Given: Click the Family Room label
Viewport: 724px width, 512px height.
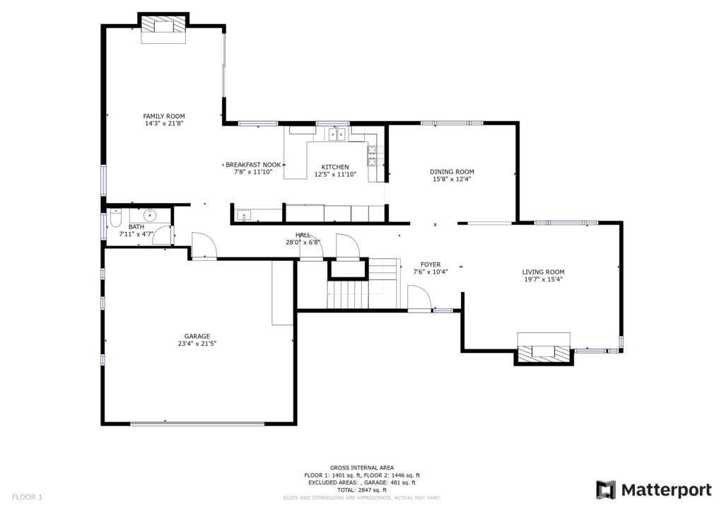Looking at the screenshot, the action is point(164,117).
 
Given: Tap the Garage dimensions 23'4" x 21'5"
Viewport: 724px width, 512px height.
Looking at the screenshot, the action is point(197,344).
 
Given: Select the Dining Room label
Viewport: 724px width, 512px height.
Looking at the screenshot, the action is point(452,172).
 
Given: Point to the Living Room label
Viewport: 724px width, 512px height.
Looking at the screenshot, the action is point(543,272).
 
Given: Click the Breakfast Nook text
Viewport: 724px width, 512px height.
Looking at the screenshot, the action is point(253,165).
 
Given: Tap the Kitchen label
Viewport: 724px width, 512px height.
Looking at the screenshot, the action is point(335,167).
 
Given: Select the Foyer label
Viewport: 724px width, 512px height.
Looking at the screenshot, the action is point(431,264).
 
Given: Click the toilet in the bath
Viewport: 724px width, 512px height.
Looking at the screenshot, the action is point(115,218).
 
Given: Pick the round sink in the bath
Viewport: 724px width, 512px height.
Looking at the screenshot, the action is point(150,215).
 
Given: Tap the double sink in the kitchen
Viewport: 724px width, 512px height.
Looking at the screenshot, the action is point(337,134).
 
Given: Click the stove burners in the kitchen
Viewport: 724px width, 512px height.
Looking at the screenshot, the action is point(375,156).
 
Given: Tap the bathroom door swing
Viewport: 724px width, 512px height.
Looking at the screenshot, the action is point(163,235).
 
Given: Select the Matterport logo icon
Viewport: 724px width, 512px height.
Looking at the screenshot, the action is point(605,490).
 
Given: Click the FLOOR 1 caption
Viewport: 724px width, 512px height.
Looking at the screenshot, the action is point(27,497).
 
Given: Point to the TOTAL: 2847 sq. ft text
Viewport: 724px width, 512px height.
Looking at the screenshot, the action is point(362,490).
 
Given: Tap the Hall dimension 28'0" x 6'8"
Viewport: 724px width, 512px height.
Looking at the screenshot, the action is point(303,242).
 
